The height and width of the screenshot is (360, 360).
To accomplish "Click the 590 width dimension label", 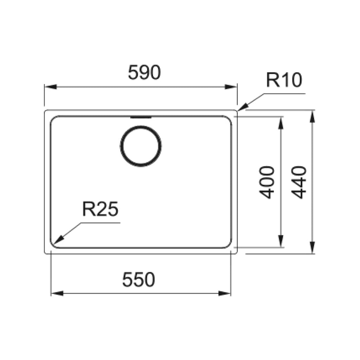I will pos(144,73).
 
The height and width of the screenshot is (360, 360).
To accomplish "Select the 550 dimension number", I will pos(139,280).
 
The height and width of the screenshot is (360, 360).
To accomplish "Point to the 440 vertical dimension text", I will pos(300,182).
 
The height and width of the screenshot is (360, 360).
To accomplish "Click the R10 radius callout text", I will pos(284,80).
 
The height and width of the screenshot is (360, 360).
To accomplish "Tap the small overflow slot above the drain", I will pos(141,117).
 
